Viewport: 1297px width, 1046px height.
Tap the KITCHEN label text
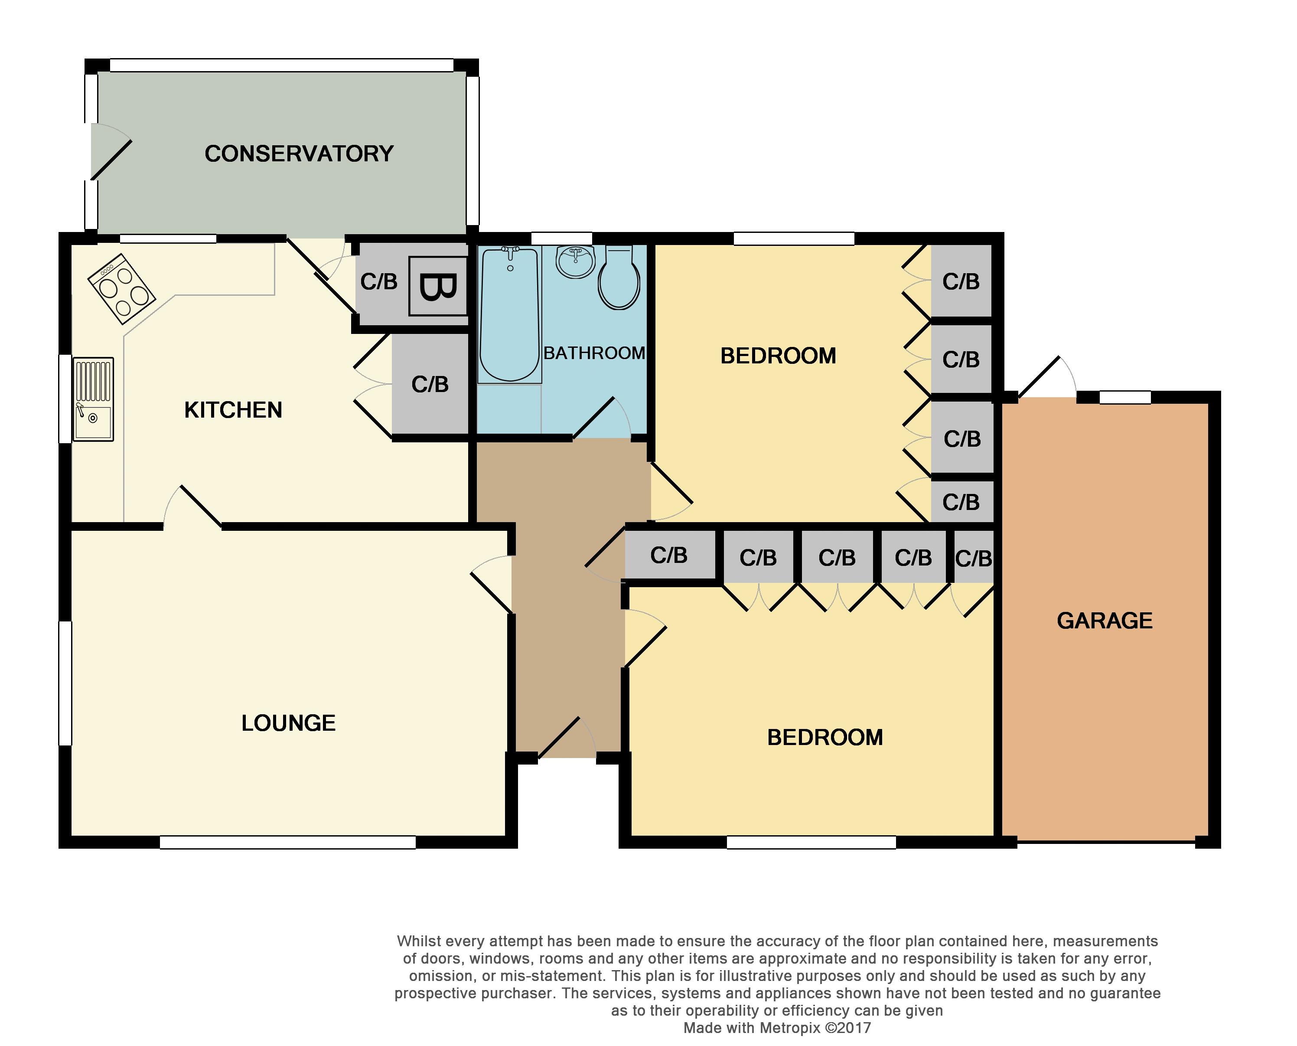tap(233, 410)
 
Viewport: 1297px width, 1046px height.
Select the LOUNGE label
tap(288, 723)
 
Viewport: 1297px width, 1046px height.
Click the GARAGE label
tap(1105, 621)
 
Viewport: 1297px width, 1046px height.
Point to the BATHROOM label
tap(594, 353)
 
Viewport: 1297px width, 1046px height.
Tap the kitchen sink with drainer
tap(93, 399)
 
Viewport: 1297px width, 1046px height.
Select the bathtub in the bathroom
tap(509, 315)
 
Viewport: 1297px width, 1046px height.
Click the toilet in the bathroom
tap(619, 279)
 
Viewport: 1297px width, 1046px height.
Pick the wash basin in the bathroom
tap(576, 262)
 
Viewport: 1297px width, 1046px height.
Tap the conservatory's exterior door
tap(110, 152)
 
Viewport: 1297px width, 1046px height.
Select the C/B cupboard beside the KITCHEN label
tap(430, 384)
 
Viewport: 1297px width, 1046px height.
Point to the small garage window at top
tap(1125, 397)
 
